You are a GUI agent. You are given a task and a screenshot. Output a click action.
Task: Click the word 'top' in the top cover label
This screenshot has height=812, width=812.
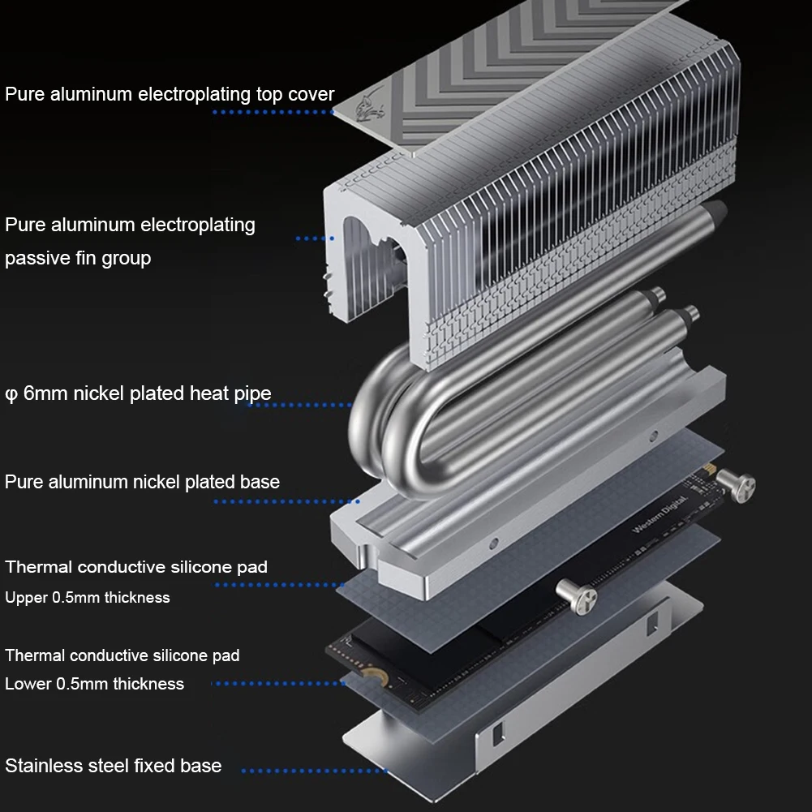(x=269, y=94)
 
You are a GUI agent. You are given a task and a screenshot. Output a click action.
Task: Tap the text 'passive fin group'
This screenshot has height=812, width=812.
(x=78, y=259)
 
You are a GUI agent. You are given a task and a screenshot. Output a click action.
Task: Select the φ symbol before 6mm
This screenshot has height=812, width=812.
(x=11, y=394)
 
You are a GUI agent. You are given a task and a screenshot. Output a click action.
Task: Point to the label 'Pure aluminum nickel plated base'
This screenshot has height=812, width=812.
(x=142, y=482)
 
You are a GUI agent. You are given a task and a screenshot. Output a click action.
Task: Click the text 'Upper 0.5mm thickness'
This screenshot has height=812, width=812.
(x=88, y=598)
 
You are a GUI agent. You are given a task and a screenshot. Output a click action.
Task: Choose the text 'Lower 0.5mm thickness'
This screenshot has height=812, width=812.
(x=94, y=684)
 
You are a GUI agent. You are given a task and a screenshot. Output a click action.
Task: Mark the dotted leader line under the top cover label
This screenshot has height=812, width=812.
(x=272, y=112)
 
